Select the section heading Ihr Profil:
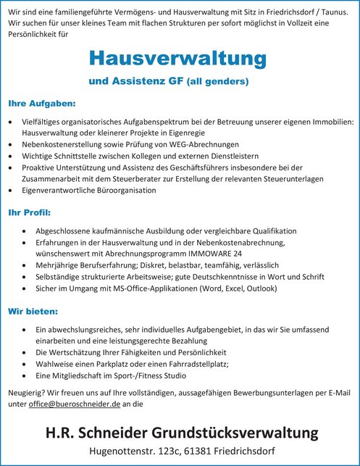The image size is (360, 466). [29, 214]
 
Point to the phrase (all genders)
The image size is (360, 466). [219, 83]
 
